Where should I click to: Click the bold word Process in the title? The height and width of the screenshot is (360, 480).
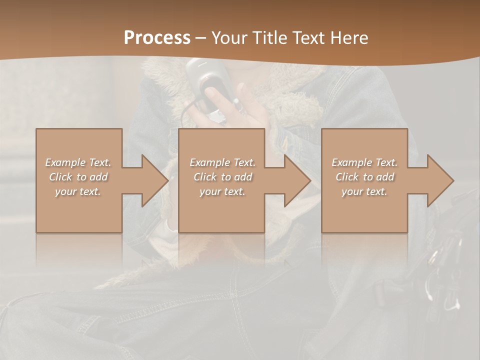[157, 37]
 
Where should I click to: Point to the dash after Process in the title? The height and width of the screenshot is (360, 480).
[200, 38]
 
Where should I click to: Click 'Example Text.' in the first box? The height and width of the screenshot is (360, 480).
[78, 162]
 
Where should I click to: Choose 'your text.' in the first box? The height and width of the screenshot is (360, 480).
[78, 191]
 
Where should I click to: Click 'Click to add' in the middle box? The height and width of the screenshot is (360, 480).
[222, 177]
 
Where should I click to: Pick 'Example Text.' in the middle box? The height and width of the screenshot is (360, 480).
[222, 162]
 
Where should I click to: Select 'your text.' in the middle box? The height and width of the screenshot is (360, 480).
[222, 191]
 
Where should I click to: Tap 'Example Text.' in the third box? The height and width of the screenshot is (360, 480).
[364, 162]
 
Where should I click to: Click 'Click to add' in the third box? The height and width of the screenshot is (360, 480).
[364, 177]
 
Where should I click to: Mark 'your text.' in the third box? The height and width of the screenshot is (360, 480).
[364, 191]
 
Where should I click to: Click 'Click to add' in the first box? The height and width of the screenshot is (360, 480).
[78, 177]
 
